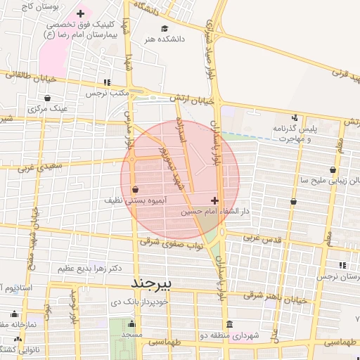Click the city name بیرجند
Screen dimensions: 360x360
pos(155,282)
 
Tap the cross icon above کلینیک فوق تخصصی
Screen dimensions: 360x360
pos(81,13)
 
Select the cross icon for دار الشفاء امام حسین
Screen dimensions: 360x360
pos(214,201)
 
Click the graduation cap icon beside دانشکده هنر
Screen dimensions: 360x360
pos(164,29)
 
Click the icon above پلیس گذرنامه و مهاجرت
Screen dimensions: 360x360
pos(295,117)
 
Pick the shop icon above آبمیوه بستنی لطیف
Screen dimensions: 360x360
pos(135,189)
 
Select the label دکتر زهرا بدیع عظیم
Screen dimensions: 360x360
pos(89,268)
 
